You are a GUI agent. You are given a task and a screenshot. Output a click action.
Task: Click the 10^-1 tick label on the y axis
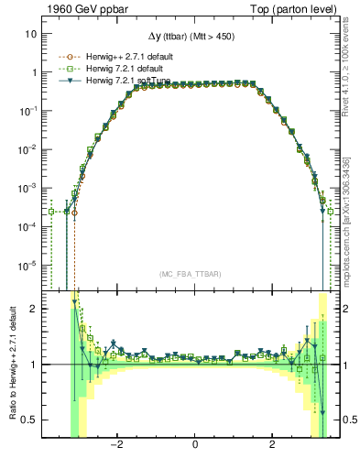click(29, 111)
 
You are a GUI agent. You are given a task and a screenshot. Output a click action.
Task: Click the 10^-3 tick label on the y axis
click(29, 188)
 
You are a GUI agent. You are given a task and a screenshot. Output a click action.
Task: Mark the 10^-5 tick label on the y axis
click(29, 266)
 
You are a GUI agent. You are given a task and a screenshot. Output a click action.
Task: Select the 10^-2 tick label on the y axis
click(29, 149)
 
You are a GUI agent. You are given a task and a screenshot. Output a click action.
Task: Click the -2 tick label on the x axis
click(116, 444)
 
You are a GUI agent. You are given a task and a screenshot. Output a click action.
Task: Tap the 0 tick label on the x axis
click(195, 444)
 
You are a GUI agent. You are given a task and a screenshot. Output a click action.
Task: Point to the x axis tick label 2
click(273, 444)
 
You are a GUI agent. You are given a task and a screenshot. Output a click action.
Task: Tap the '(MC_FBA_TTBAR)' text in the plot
click(194, 274)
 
